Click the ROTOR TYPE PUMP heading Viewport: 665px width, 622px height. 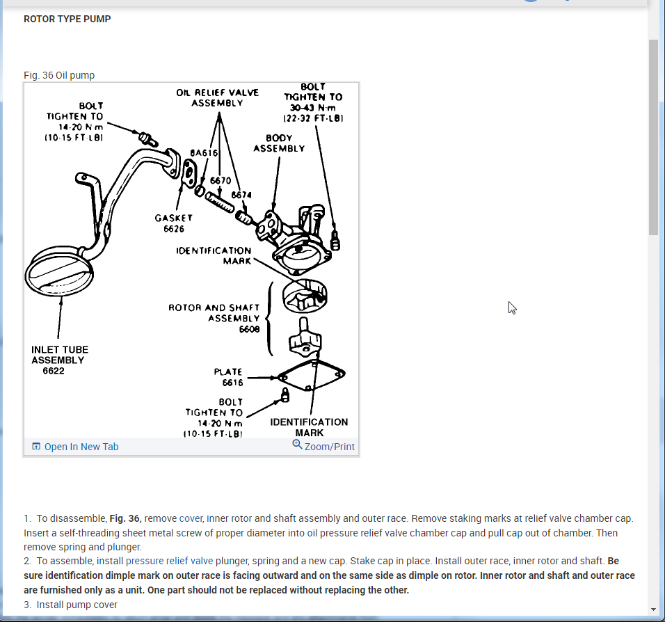pos(67,19)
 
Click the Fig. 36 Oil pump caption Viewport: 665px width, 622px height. pos(59,75)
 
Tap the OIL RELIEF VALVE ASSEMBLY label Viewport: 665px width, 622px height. pos(217,97)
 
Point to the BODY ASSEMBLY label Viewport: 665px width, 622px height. pos(278,143)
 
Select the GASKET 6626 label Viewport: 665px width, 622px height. pos(173,223)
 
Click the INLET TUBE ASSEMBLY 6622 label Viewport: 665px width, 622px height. pos(59,360)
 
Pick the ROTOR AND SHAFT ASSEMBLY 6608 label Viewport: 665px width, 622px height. pos(214,318)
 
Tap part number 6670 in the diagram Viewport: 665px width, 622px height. pos(220,181)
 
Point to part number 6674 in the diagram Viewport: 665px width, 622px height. pos(241,195)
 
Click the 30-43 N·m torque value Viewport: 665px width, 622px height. pos(312,108)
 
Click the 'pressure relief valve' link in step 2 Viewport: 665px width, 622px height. pos(169,560)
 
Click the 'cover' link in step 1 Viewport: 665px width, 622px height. pos(191,518)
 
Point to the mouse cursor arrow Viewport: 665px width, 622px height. pos(513,308)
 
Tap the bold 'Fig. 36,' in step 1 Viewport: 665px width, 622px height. pos(125,518)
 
